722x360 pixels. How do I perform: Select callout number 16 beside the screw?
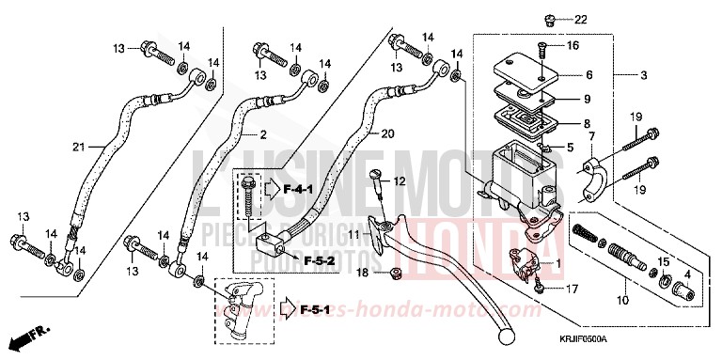573,45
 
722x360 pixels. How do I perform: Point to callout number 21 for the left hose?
80,147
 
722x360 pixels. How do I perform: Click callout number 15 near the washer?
663,260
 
